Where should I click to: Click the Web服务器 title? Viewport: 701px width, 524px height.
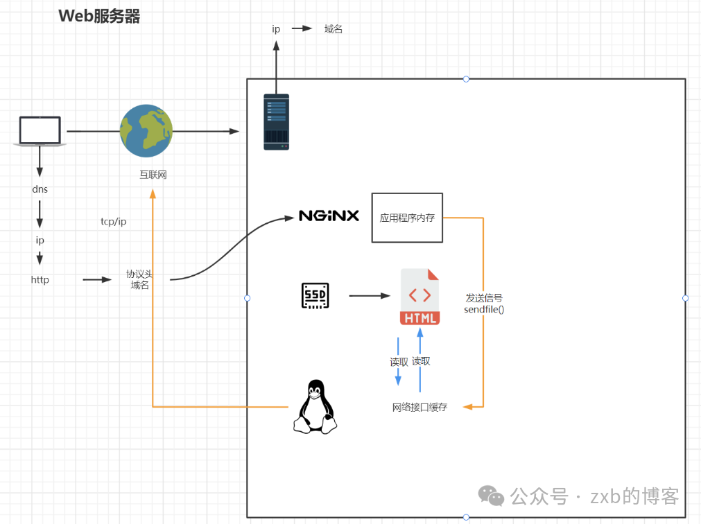pos(99,17)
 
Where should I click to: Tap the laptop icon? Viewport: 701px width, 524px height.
pos(40,131)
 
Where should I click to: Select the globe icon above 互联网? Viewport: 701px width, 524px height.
pos(146,131)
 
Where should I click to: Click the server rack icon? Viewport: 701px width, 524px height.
pos(276,123)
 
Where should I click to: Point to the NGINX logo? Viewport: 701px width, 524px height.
pos(329,216)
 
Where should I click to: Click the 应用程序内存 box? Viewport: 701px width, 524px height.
pos(407,218)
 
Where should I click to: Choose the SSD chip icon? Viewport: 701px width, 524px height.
pos(315,296)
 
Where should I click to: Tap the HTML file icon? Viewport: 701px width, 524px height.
pos(419,297)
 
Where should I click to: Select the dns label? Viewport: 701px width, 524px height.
pos(40,189)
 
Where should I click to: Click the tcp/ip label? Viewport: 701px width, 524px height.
pos(114,222)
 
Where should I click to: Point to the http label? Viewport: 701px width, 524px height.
pos(40,280)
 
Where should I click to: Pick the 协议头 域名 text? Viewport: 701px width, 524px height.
pos(139,279)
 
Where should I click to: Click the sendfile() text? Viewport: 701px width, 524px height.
pos(484,309)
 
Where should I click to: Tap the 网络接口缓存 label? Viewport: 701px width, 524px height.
pos(419,408)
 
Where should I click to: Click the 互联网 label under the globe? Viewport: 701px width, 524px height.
pos(153,175)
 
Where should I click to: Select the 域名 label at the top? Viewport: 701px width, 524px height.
pos(334,29)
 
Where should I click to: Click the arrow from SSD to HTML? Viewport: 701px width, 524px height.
pos(370,296)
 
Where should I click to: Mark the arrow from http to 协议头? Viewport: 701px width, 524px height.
pos(97,280)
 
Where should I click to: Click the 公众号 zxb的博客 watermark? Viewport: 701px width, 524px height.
pos(580,496)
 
